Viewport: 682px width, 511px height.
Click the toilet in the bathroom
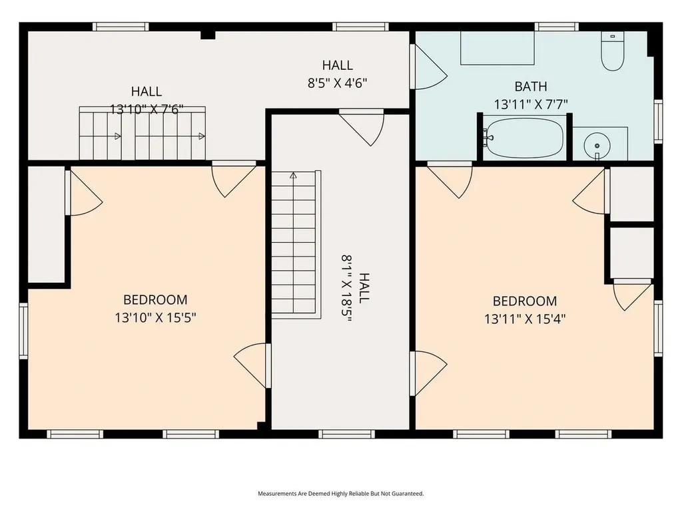pos(611,52)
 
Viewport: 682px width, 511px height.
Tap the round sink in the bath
pos(597,144)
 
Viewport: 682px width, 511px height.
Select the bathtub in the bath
pos(523,138)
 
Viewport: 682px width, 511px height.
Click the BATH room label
pos(531,86)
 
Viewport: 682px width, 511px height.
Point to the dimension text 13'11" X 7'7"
pos(531,104)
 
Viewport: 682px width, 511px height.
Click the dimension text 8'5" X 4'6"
pos(337,83)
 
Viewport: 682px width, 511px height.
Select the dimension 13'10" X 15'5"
pos(155,319)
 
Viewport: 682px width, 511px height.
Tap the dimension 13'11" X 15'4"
pos(525,319)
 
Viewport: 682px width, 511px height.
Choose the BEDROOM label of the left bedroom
pos(155,300)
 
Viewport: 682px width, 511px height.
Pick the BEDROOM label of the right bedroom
pos(525,301)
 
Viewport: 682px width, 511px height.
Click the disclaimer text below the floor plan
pos(340,494)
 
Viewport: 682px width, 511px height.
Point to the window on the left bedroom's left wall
pos(23,331)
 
